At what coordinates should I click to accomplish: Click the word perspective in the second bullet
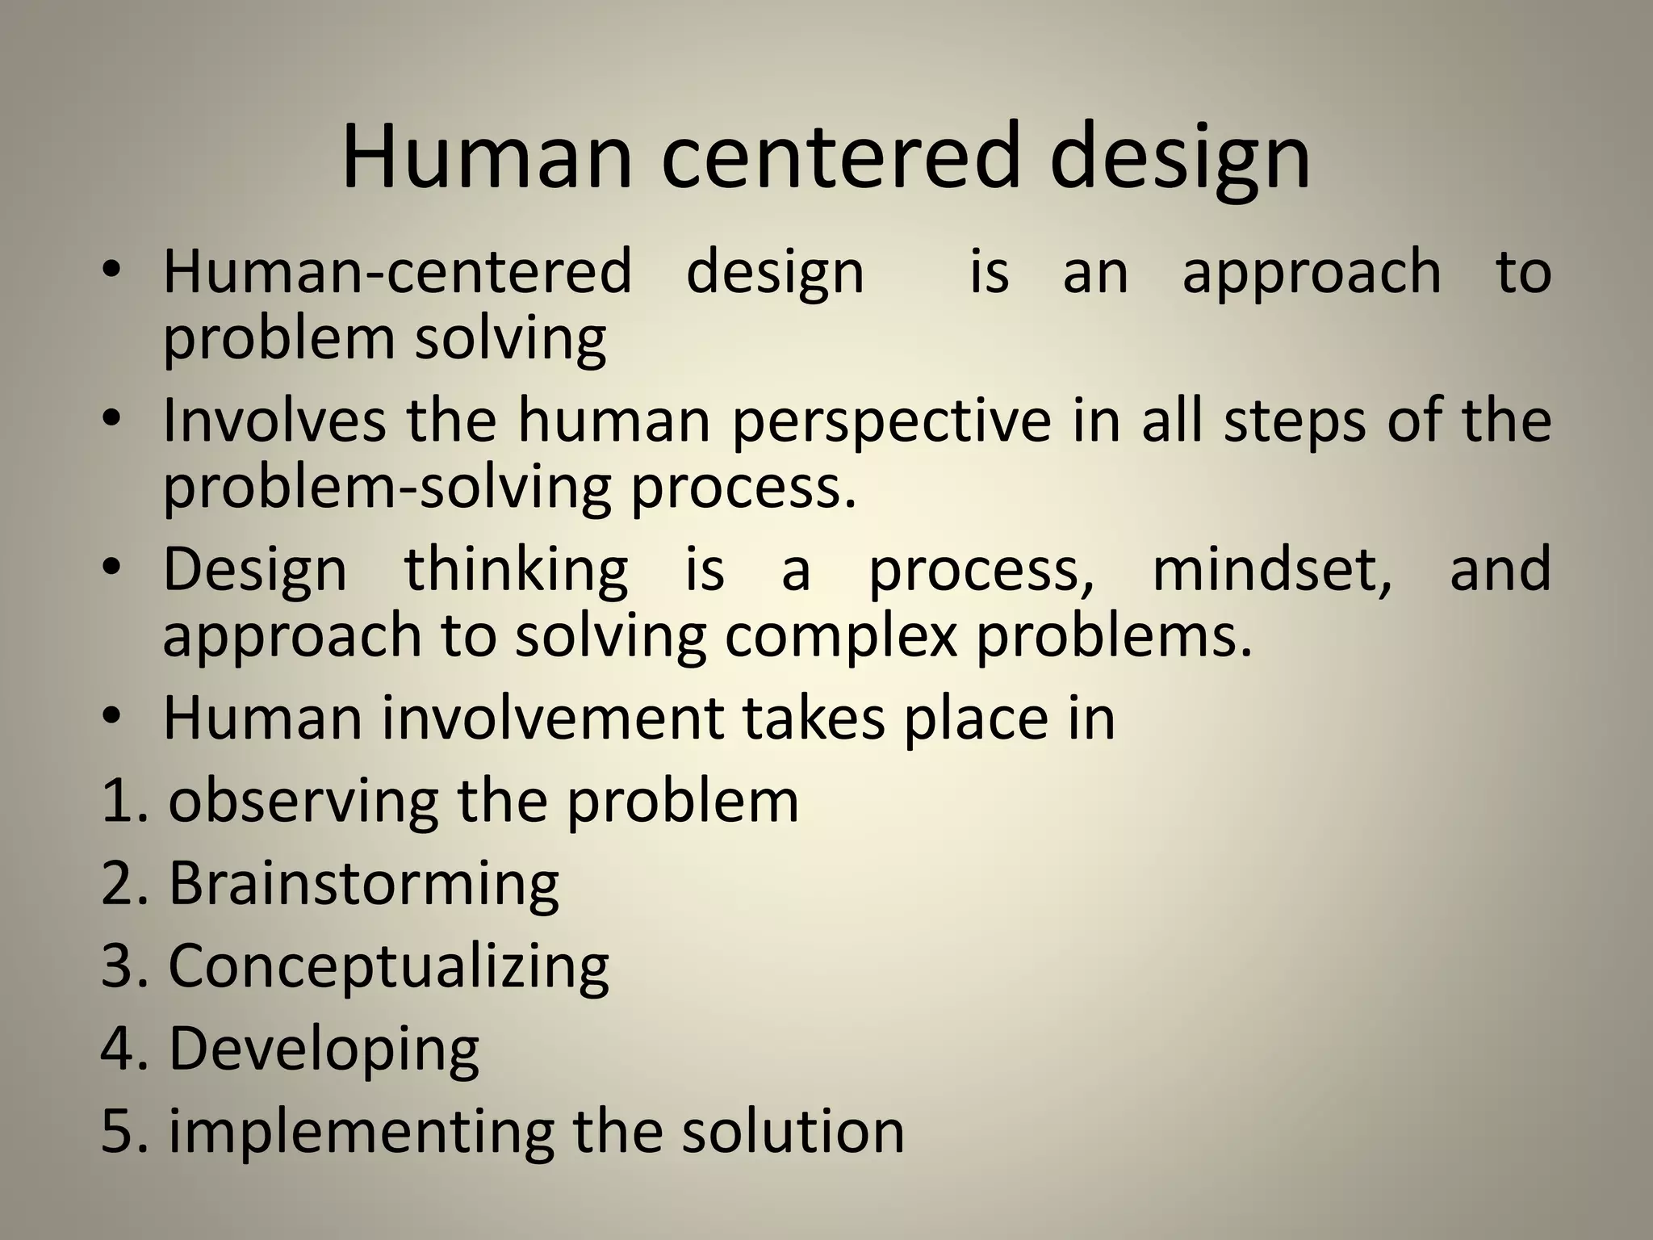(891, 423)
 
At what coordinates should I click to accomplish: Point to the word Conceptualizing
(388, 967)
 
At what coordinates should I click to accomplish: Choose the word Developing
(324, 1050)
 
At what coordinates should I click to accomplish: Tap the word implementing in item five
(361, 1132)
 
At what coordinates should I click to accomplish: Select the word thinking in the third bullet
(516, 570)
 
